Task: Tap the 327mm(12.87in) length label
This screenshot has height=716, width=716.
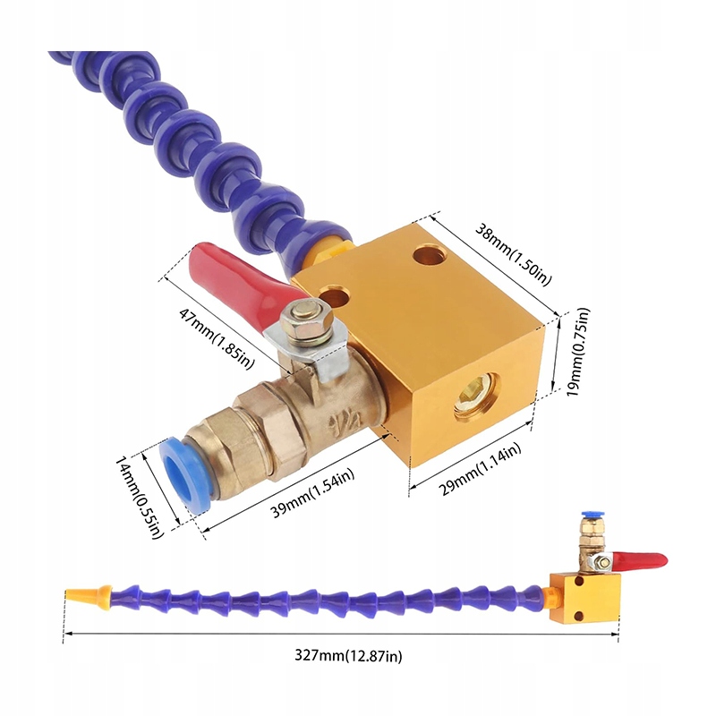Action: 348,656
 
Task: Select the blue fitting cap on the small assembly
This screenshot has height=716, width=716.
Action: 589,518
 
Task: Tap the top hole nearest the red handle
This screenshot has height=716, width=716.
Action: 336,294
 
